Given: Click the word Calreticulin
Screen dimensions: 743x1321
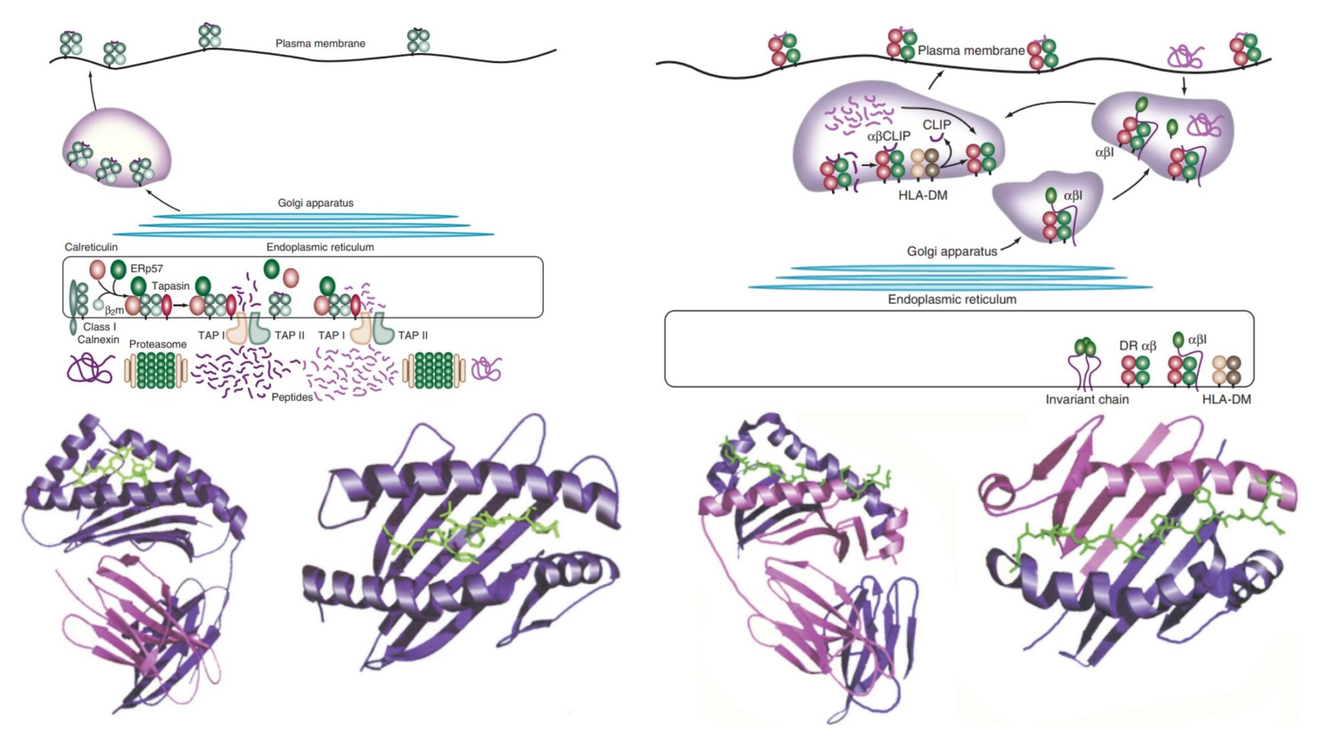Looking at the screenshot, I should (91, 247).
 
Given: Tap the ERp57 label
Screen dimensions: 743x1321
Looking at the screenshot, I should (146, 268).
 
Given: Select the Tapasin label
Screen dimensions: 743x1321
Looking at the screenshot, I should (170, 286).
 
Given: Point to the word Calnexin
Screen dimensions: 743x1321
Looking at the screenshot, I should (98, 339).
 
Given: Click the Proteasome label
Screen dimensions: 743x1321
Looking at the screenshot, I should (157, 344).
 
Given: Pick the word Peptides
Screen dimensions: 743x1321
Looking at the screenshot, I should (292, 397).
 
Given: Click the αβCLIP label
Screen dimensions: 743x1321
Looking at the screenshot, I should (888, 136).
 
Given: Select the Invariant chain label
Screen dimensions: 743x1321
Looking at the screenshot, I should (1087, 399).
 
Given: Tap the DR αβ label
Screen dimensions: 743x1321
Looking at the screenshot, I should (1137, 346).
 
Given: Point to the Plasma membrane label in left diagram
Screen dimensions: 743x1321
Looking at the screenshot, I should (320, 43).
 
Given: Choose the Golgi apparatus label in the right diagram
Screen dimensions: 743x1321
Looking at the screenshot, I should (951, 251).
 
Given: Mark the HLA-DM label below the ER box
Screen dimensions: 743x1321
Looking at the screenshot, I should (1226, 399).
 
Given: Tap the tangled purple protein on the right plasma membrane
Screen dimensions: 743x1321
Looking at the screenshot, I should (1186, 57).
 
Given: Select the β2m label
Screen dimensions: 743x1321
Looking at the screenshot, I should (114, 310).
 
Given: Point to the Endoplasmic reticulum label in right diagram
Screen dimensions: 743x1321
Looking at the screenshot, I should (951, 299).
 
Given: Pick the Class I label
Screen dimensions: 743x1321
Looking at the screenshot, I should (99, 326).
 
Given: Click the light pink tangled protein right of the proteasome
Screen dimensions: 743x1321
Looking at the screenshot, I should (486, 370).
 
